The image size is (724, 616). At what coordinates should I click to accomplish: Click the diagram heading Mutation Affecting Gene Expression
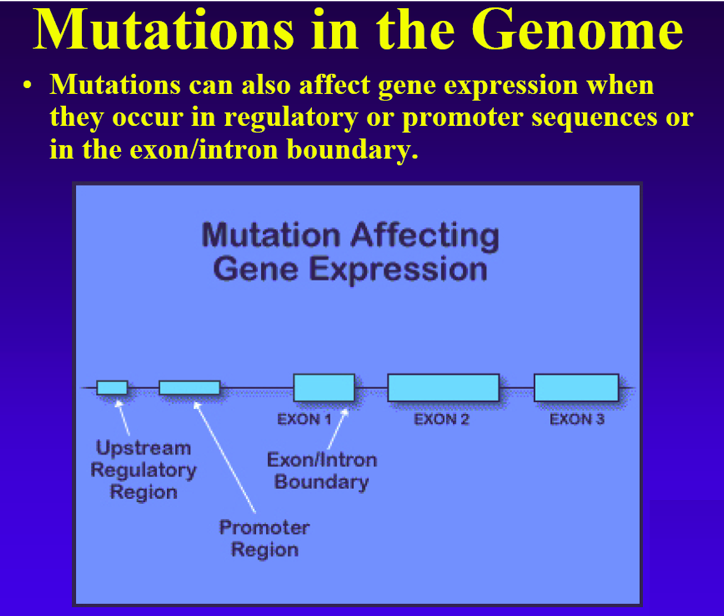pos(350,252)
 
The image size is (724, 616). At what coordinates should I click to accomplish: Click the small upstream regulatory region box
pos(112,388)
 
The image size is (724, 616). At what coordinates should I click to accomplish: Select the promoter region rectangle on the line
pos(189,388)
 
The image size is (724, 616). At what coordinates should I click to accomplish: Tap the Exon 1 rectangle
pos(324,388)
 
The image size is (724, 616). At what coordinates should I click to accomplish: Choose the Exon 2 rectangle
pos(443,388)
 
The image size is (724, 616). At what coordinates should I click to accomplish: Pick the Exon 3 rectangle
pos(576,388)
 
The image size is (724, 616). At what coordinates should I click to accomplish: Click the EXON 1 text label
pos(305,419)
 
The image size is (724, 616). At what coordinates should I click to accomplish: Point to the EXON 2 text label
pos(441,419)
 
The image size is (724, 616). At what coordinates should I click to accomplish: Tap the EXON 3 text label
pos(577,419)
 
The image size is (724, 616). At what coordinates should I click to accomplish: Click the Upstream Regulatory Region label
pos(143,470)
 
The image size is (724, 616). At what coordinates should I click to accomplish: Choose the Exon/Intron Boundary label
pos(322,471)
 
